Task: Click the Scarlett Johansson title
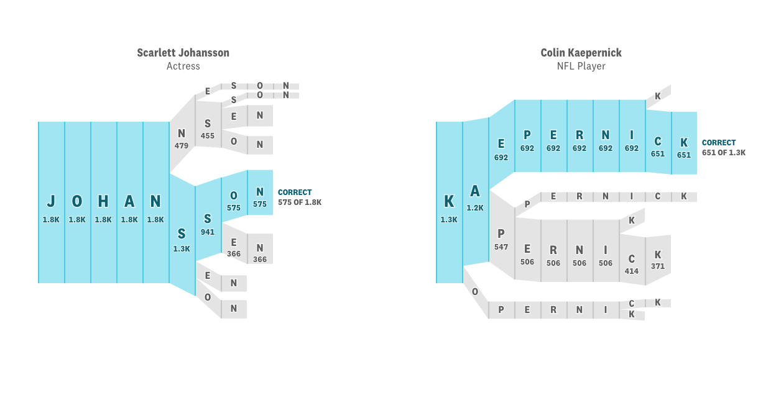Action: tap(183, 53)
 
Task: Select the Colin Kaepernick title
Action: tap(581, 53)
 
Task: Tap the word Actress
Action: tap(183, 66)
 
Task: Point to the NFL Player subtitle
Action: tap(581, 66)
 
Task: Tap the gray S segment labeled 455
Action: tap(208, 129)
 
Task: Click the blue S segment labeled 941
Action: tap(208, 224)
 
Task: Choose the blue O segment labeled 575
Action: tap(234, 201)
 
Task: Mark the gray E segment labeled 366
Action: tap(234, 247)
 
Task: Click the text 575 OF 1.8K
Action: tap(300, 202)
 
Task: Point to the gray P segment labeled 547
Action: tap(501, 239)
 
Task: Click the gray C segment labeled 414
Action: tap(632, 263)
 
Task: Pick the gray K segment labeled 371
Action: tap(658, 260)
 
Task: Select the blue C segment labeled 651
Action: tap(658, 147)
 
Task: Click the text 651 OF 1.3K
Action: tap(724, 153)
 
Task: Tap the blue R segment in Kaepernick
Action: tap(580, 140)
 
